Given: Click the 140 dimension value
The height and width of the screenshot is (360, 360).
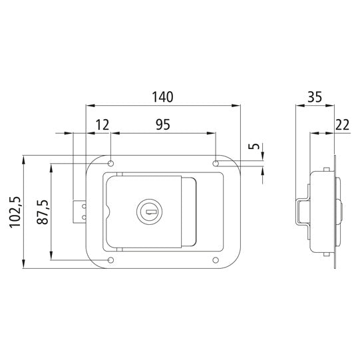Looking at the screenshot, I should [x=162, y=96].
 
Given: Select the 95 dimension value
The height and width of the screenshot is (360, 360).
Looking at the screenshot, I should [x=162, y=124].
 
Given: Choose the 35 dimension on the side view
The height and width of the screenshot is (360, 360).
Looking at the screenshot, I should [x=316, y=96].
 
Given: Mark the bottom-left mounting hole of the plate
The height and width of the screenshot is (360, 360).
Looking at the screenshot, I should [x=111, y=260].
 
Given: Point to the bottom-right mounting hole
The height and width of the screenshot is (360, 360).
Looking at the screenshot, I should [x=217, y=260].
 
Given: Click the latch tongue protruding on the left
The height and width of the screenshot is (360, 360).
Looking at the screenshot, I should [x=80, y=212].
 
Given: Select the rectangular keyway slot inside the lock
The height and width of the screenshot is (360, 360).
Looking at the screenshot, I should [x=151, y=213].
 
